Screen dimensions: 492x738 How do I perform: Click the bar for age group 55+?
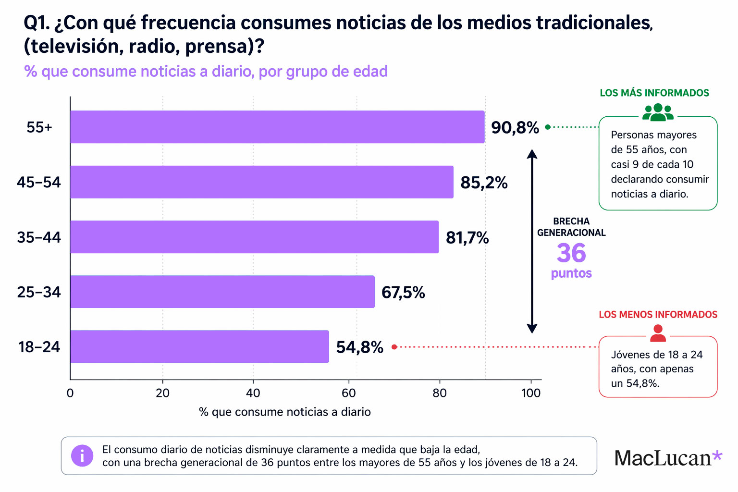point(277,127)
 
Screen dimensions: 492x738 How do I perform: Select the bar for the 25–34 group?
point(222,292)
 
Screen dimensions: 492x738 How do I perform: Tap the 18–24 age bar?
point(199,346)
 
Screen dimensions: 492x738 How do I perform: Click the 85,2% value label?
point(484,183)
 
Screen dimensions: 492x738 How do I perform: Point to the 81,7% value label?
point(467,237)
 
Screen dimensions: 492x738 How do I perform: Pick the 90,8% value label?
point(515,128)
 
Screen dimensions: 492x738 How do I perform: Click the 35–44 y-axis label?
point(39,237)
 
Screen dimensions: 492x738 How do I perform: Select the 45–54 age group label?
point(39,183)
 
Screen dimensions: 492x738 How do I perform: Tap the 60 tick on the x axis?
point(349,393)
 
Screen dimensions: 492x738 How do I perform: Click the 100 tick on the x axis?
point(531,393)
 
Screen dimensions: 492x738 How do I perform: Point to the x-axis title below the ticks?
point(285,412)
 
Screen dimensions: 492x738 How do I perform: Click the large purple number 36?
point(571,253)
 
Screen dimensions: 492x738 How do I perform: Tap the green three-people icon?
point(658,112)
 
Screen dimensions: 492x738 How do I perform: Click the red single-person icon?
point(658,333)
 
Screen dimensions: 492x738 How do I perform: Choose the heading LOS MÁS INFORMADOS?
point(654,93)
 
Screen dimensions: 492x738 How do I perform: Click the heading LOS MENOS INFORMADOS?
point(658,315)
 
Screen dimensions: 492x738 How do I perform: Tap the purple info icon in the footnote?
point(82,455)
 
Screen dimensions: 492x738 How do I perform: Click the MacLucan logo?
point(668,457)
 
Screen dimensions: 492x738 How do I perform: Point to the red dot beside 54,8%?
point(394,347)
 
